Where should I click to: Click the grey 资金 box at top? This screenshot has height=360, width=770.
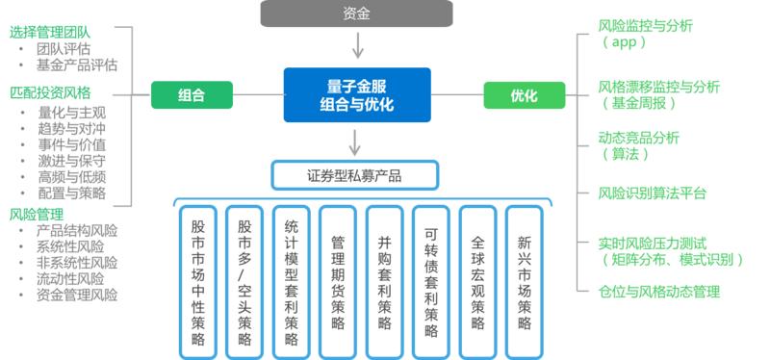click(355, 13)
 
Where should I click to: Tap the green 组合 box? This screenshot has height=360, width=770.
click(192, 94)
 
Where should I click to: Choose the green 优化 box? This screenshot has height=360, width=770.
click(525, 94)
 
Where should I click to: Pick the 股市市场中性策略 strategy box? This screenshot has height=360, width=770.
click(197, 279)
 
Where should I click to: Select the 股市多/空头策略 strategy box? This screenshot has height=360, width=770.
click(244, 279)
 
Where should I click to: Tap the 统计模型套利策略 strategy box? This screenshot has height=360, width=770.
click(292, 279)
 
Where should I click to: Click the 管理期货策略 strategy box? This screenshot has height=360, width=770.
click(338, 279)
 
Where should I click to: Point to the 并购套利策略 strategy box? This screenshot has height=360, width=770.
click(385, 279)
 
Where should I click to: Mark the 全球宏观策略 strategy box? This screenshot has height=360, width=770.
click(478, 279)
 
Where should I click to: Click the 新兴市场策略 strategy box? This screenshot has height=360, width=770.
click(525, 279)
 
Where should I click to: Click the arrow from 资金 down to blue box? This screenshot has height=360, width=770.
click(357, 45)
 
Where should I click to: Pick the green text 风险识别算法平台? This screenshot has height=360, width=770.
click(652, 193)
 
